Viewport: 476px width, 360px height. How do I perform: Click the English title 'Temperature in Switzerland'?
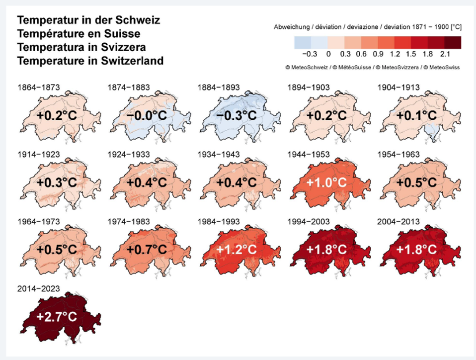click(x=90, y=61)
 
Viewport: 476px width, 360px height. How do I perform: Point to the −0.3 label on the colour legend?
click(x=310, y=54)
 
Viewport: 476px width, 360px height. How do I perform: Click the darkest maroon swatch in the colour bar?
click(x=453, y=42)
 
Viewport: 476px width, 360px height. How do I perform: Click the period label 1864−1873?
click(x=38, y=88)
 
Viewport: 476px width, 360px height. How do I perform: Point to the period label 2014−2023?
click(x=38, y=288)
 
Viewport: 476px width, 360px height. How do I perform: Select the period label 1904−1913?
click(x=398, y=88)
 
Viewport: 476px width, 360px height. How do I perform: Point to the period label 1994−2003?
click(x=309, y=221)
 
